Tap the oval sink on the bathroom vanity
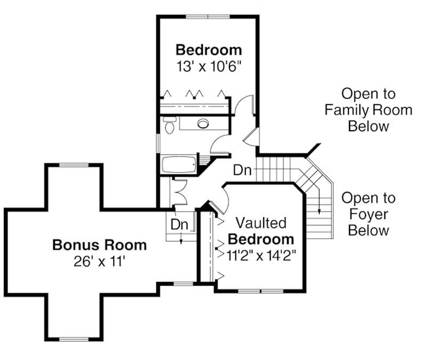[203, 124]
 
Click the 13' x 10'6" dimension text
[209, 67]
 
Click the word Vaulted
[262, 222]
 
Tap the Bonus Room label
[99, 245]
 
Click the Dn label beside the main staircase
[243, 170]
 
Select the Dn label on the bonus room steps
[180, 224]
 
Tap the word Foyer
[369, 215]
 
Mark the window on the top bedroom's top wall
[208, 17]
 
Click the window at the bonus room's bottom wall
[73, 339]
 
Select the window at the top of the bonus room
[73, 165]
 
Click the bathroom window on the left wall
[157, 143]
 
